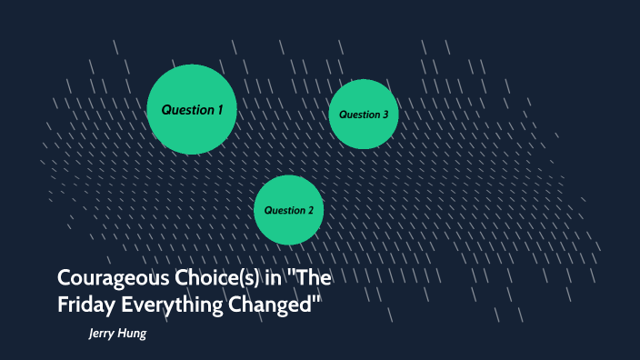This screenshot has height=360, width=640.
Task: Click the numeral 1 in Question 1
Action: tap(219, 110)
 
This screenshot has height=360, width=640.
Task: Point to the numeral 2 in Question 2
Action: tap(311, 210)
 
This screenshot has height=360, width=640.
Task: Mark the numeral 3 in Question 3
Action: tap(385, 115)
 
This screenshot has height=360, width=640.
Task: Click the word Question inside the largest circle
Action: tap(186, 110)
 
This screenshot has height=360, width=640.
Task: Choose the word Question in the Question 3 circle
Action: tap(359, 115)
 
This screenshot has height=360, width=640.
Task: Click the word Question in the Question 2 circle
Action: tap(284, 210)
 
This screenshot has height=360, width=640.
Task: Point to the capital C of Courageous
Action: tap(65, 278)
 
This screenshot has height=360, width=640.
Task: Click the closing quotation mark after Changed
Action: tap(319, 299)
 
